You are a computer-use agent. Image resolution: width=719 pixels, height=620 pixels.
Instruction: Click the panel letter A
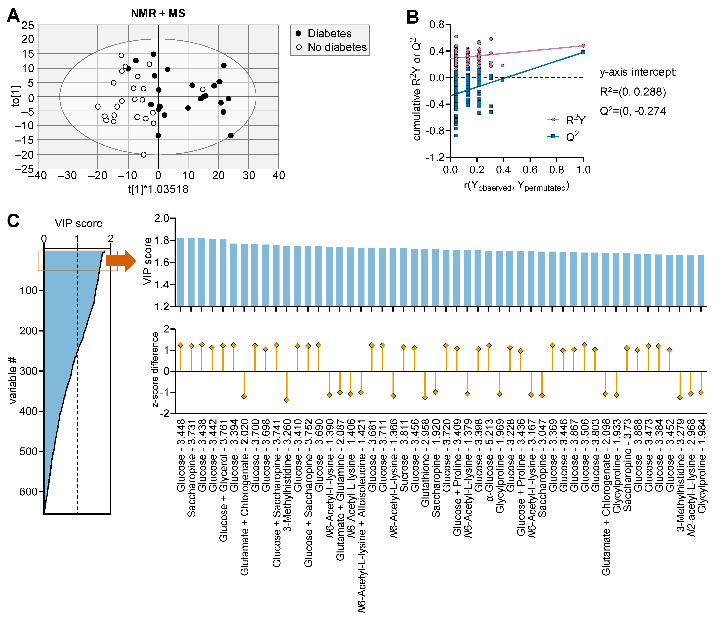(x=13, y=16)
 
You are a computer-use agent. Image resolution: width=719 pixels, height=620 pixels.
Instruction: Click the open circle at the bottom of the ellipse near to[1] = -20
(x=143, y=155)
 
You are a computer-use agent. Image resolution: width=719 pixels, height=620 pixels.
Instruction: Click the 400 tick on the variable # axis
(x=31, y=411)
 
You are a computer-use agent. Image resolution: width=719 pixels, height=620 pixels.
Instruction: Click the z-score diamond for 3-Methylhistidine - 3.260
(x=287, y=400)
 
